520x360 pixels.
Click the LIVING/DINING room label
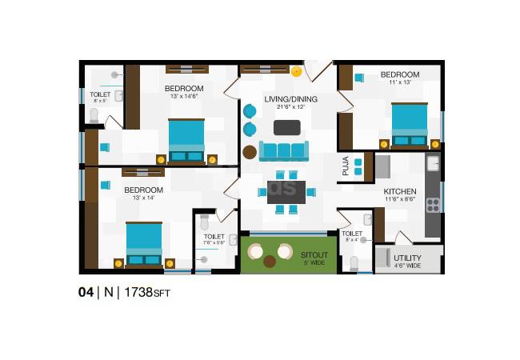[291, 99]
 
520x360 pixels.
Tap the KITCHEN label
[398, 192]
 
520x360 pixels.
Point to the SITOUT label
[314, 254]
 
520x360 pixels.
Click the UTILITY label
[408, 258]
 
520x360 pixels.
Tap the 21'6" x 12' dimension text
[291, 107]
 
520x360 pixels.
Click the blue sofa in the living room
[283, 150]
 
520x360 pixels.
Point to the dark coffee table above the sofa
[287, 127]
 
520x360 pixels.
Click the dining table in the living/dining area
[286, 192]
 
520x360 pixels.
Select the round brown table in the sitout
[270, 261]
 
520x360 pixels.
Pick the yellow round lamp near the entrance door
[297, 71]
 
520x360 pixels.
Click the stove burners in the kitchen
[433, 204]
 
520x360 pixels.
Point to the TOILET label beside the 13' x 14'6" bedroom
[101, 94]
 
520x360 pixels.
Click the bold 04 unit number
[86, 293]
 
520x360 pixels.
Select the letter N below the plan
[106, 293]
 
